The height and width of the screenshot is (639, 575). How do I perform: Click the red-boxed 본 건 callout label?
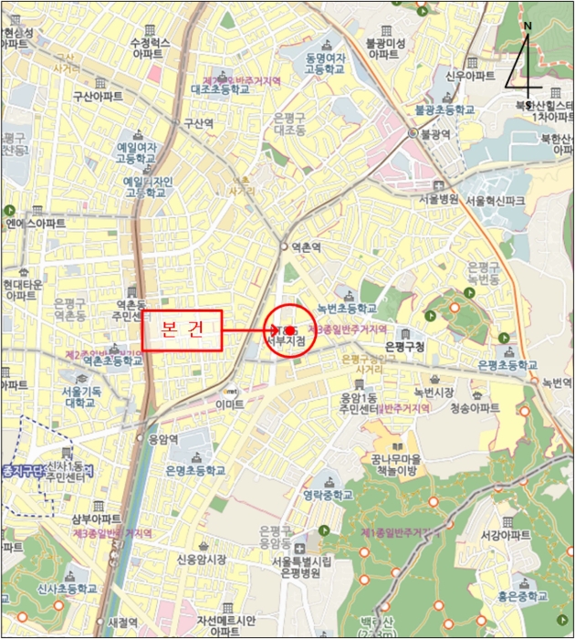182,330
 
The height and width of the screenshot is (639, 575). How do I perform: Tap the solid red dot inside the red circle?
289,330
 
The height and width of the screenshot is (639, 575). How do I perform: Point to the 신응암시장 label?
201,560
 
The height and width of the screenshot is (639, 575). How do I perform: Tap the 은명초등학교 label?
195,471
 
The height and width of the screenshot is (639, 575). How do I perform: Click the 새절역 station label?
121,621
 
